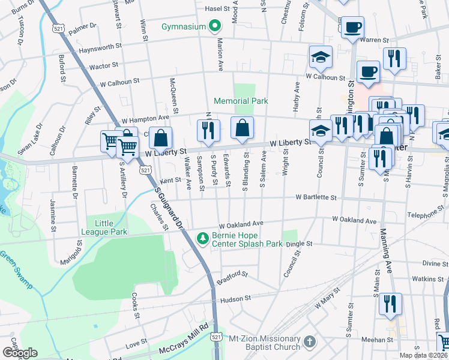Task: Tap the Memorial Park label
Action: point(241,101)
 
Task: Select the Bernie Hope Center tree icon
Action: point(203,239)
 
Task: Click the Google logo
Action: point(20,353)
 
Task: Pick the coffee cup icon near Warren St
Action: point(352,26)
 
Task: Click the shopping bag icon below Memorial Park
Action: point(242,128)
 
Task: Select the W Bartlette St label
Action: point(316,197)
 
